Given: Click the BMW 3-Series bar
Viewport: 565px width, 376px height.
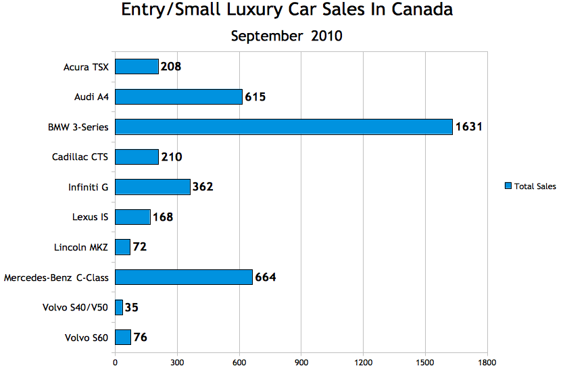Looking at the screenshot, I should click(x=283, y=127).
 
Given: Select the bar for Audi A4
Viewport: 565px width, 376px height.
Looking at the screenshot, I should click(x=178, y=97).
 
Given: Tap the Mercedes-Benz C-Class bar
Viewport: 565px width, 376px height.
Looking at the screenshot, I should click(x=184, y=277).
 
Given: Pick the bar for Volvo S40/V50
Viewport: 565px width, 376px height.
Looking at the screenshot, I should click(x=119, y=307).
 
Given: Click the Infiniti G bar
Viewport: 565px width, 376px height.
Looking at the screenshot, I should click(x=153, y=187).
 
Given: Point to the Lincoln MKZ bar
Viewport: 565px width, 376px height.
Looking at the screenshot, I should click(x=122, y=247).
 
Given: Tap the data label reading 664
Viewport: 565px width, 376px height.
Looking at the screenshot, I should click(x=266, y=277).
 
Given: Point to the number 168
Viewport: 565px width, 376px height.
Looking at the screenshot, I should click(x=163, y=217).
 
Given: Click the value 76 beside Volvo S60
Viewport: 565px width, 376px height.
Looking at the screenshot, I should click(x=141, y=337).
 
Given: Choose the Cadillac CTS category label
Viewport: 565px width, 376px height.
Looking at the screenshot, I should click(x=80, y=157).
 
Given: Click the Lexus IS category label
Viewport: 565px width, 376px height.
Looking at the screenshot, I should click(x=91, y=217).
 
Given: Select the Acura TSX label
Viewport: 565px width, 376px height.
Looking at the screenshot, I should click(x=86, y=67).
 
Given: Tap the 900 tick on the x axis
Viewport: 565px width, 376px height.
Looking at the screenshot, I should click(x=301, y=362).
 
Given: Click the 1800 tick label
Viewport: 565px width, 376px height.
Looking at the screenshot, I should click(x=487, y=362).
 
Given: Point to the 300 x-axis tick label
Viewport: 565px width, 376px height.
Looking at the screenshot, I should click(x=177, y=362).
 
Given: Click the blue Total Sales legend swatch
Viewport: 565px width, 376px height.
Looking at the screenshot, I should click(x=508, y=186).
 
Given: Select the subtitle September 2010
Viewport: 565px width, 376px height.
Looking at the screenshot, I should click(x=287, y=36).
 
